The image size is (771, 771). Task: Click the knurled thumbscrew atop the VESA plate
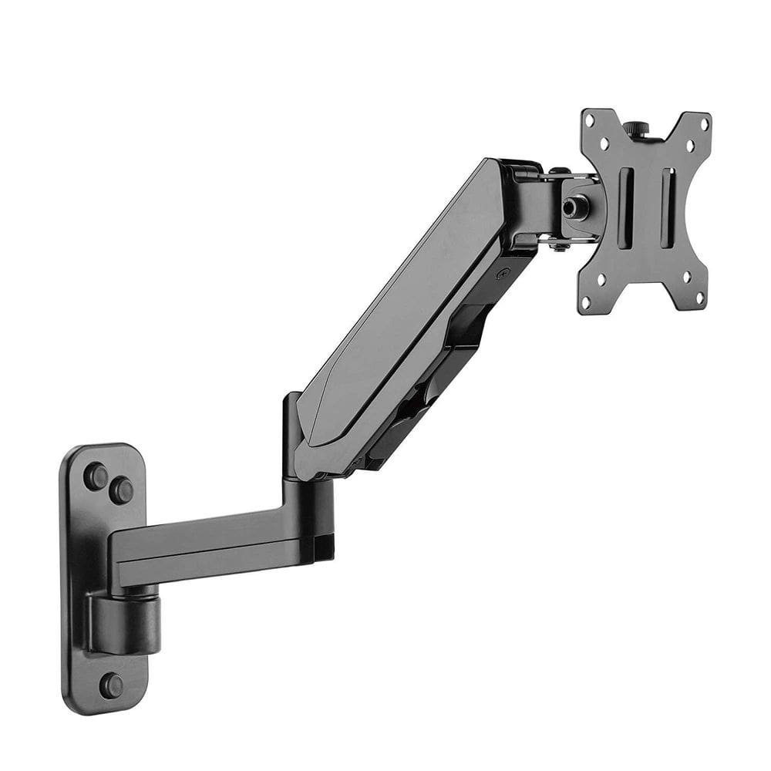pyautogui.click(x=636, y=127)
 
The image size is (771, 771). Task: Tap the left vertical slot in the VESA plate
pyautogui.click(x=625, y=197)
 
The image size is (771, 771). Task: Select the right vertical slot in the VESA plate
pyautogui.click(x=667, y=197)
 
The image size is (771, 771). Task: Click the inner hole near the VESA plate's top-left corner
pyautogui.click(x=604, y=142)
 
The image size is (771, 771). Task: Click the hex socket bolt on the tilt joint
pyautogui.click(x=572, y=207)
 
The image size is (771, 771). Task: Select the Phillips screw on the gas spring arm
pyautogui.click(x=503, y=273)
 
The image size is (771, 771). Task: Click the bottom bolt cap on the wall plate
pyautogui.click(x=110, y=685)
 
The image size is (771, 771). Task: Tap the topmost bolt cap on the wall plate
pyautogui.click(x=96, y=476)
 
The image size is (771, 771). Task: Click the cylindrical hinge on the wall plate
pyautogui.click(x=123, y=621)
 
